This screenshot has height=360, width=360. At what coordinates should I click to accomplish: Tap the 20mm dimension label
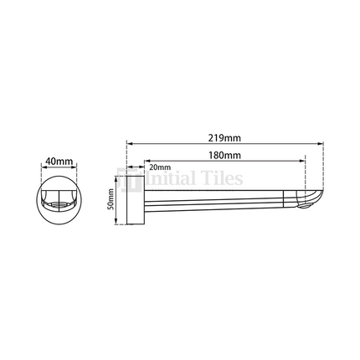pyautogui.click(x=160, y=167)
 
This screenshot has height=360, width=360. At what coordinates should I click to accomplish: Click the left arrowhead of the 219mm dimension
pyautogui.click(x=129, y=141)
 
